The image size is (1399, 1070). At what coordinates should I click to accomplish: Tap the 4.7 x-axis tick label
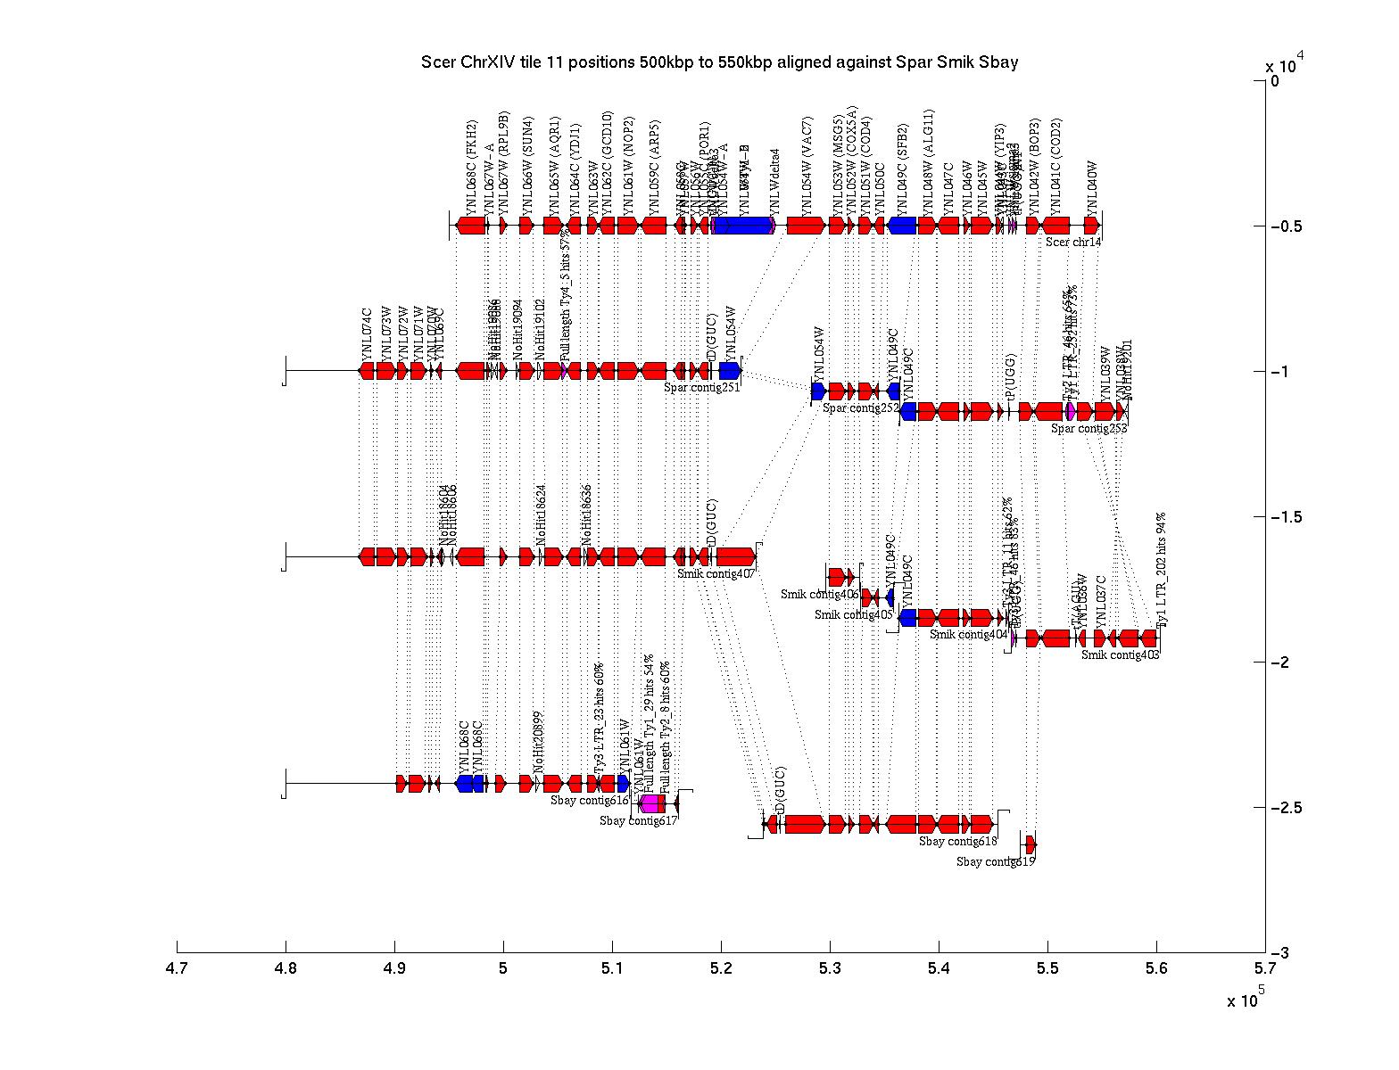point(177,968)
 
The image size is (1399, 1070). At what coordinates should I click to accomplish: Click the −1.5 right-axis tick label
point(1285,517)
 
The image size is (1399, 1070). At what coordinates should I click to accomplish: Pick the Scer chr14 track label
point(1073,242)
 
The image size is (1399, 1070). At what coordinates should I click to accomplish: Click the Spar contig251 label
point(702,387)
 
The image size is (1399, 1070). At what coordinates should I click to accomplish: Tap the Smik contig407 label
point(716,573)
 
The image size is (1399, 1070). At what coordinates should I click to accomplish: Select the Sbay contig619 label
point(996,862)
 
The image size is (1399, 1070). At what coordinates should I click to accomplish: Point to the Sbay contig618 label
point(957,841)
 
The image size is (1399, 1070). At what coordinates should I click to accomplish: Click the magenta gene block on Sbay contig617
point(650,803)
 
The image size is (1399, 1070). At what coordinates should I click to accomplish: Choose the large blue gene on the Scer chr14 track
point(742,226)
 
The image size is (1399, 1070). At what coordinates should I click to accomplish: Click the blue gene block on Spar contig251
point(730,370)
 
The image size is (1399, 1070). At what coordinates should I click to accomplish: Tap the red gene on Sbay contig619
point(1031,844)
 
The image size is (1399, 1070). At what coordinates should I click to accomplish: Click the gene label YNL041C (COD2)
point(1057,164)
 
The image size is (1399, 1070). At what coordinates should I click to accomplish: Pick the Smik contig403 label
point(1120,654)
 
